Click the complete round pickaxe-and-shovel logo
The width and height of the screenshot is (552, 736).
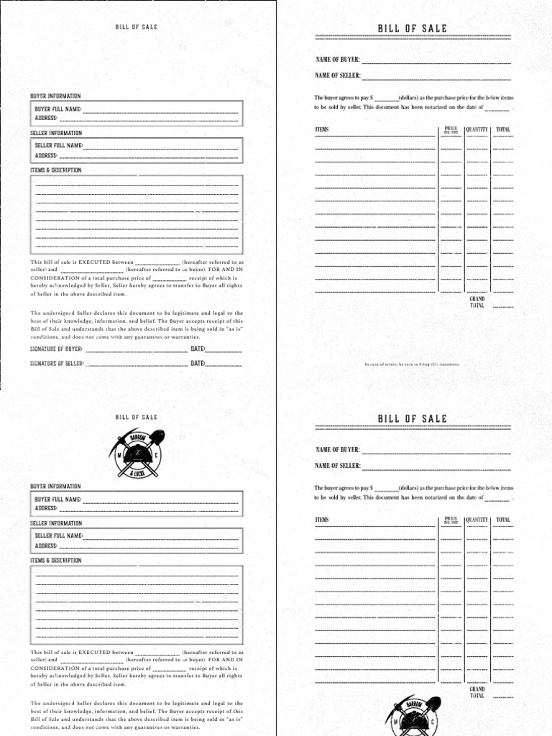click(x=137, y=454)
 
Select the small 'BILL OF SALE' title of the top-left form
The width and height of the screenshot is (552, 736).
click(x=137, y=27)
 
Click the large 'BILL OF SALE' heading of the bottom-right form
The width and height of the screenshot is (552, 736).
click(x=413, y=418)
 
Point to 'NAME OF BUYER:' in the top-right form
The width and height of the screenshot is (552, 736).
click(x=338, y=60)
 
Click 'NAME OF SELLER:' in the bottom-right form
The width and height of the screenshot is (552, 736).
click(x=338, y=466)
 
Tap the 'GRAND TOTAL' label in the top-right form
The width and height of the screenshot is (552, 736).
click(x=477, y=302)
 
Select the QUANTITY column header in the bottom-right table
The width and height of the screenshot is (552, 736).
click(x=477, y=520)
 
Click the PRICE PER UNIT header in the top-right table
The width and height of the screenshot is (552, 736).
click(x=451, y=129)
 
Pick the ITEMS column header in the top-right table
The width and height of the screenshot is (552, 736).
click(x=322, y=130)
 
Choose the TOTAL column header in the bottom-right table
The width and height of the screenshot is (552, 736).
click(x=503, y=520)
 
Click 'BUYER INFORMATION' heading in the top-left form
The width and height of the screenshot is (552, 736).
click(x=55, y=96)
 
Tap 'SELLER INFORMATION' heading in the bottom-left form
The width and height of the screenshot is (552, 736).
click(x=56, y=523)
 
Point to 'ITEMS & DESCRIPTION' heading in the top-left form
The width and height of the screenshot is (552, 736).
click(x=56, y=170)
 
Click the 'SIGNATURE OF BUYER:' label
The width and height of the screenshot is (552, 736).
click(x=56, y=349)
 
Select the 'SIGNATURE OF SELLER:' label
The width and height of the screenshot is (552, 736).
click(x=57, y=364)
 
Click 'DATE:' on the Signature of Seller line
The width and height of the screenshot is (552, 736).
click(x=198, y=364)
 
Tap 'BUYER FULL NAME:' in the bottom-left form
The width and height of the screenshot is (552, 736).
click(x=57, y=499)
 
